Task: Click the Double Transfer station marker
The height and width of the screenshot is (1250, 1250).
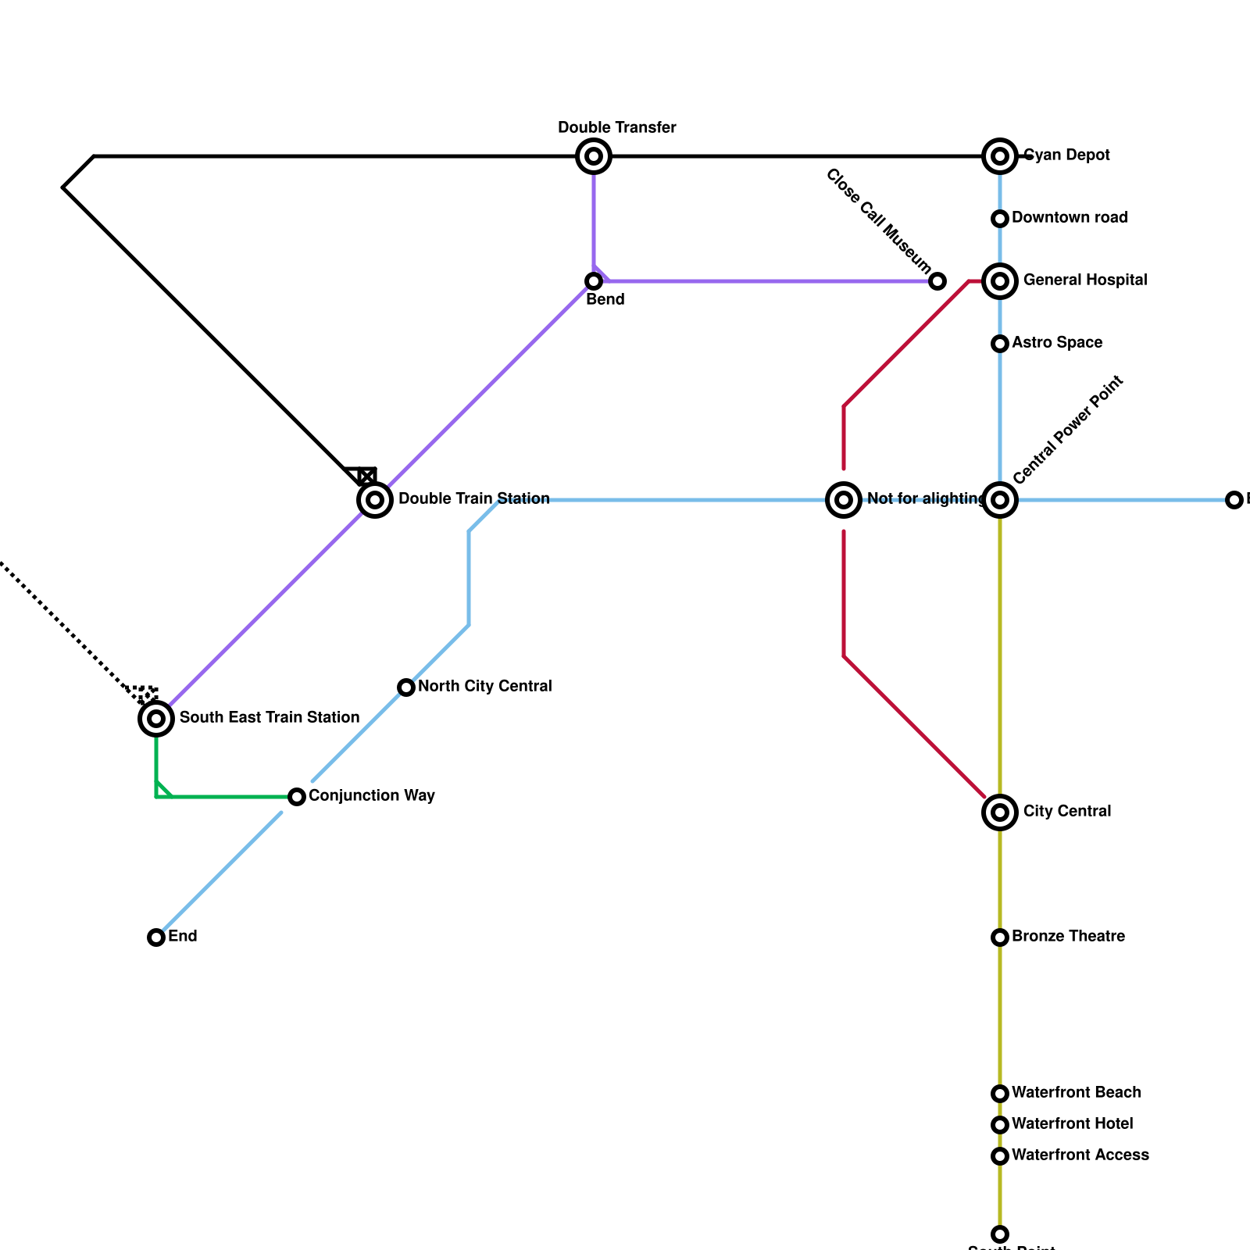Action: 594,156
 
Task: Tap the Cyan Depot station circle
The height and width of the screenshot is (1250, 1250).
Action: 1000,156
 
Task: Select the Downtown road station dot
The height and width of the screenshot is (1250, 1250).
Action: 1000,219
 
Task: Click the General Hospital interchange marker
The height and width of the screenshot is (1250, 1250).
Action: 1000,281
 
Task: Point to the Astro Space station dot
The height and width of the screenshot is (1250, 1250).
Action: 1000,344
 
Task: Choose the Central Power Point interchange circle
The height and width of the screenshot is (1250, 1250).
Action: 1000,500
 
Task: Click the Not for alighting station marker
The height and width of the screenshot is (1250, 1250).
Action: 844,500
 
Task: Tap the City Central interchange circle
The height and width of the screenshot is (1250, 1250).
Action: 1000,812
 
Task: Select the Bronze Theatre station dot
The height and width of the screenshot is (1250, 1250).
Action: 1000,937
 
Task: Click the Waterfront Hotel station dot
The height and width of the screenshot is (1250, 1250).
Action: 1000,1125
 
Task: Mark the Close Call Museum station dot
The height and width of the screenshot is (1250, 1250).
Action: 937,281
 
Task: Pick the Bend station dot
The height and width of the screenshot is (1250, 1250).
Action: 594,281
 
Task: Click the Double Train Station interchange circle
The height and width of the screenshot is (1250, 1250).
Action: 375,500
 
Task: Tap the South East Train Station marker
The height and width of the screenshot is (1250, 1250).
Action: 156,719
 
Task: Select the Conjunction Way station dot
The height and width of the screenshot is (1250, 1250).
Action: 297,797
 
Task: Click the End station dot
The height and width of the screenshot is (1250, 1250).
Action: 156,937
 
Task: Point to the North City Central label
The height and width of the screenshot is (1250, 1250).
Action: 484,687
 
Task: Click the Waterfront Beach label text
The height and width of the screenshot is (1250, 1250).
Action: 1076,1093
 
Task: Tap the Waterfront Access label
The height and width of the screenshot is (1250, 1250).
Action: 1080,1155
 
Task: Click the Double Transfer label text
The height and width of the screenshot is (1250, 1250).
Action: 617,128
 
